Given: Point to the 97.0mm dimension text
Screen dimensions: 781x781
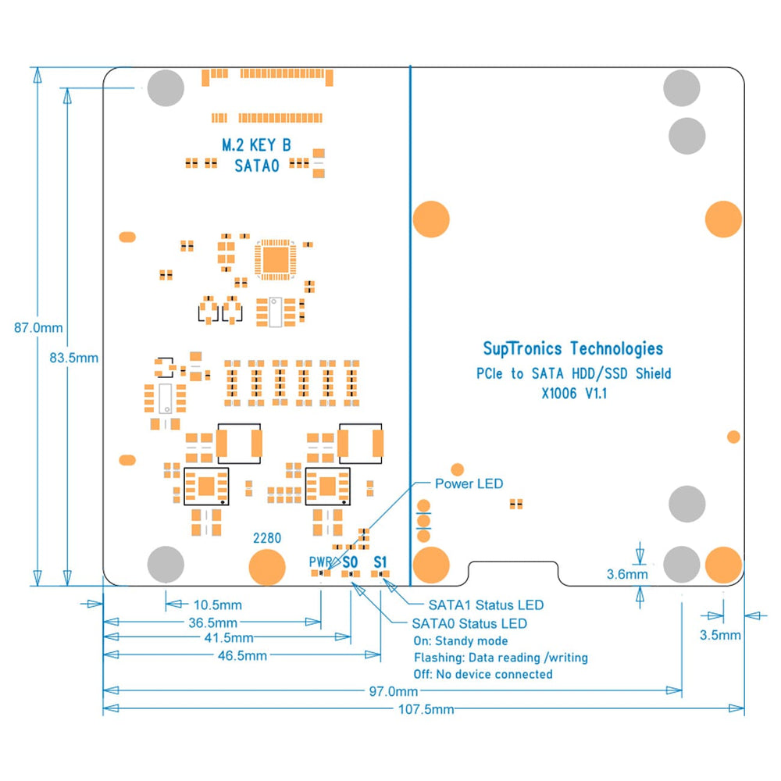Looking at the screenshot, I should (394, 691).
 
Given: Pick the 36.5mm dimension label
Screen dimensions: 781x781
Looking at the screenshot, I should (212, 622).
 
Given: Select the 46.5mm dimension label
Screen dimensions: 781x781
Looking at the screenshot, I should (243, 655).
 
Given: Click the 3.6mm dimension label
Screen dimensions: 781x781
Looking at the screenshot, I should (627, 575).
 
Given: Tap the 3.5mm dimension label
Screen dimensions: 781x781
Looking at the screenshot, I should (719, 635).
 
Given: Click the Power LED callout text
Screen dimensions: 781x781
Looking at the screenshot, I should (469, 483).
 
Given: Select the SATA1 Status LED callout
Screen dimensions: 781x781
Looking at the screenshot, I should (486, 604).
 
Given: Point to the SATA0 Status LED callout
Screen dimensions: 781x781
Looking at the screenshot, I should (469, 622).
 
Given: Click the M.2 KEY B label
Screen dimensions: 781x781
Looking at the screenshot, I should (257, 144).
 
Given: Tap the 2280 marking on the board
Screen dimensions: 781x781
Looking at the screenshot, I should (267, 538).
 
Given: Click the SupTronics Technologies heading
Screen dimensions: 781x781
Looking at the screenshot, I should (572, 348).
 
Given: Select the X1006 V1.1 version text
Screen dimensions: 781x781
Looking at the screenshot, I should (574, 394).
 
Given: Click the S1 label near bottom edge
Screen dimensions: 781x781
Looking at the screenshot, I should (380, 562).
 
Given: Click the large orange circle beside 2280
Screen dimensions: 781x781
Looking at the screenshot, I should (267, 567).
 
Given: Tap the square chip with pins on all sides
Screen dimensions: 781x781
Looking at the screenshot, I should (274, 257).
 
